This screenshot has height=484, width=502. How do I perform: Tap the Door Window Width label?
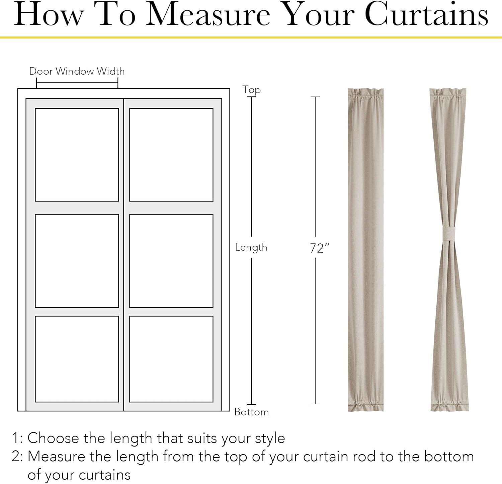point(77,71)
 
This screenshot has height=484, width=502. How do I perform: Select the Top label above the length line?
point(252,90)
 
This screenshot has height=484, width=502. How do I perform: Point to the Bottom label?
point(252,412)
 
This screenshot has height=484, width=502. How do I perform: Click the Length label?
point(251,247)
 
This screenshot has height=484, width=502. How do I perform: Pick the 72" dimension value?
point(320,248)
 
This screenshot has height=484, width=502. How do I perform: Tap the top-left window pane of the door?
point(77,155)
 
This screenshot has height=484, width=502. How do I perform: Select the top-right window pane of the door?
point(171,155)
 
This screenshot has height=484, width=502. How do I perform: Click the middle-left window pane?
point(77,261)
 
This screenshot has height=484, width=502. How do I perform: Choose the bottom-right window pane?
point(171,359)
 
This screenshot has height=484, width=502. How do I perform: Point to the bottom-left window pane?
point(77,359)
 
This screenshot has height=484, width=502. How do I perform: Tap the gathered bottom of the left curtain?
point(366,405)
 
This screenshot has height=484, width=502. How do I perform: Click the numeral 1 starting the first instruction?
point(15,438)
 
